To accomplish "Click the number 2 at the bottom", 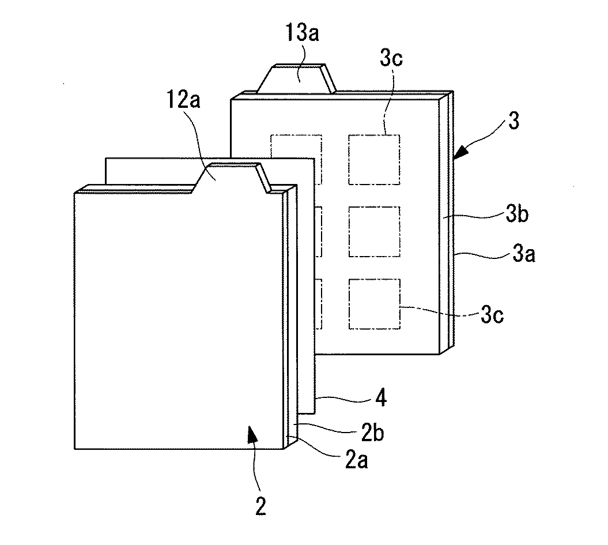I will coord(260,506).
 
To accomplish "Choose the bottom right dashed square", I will coord(374,304).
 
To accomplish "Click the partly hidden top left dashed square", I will coord(292,145).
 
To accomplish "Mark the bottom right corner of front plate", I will coord(286,448).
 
